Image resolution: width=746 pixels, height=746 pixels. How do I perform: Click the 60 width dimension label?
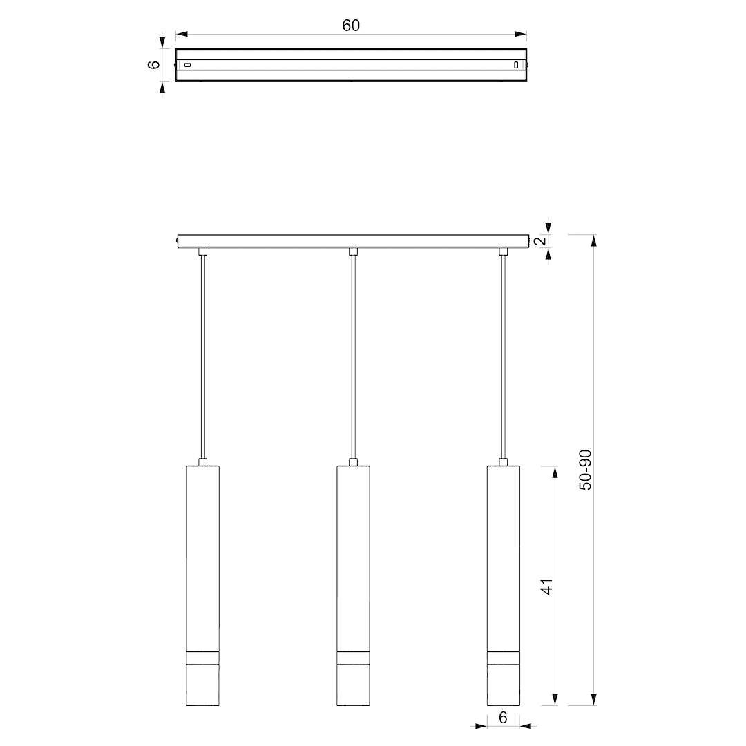coord(351,26)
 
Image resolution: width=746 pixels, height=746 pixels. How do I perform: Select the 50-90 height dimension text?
coord(585,470)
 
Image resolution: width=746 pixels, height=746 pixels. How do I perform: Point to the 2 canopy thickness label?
coord(540,240)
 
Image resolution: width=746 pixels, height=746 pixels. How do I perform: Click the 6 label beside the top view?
coord(154,64)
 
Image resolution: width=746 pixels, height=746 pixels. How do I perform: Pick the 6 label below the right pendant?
coord(503,717)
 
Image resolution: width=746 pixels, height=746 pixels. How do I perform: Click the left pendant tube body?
coord(202,585)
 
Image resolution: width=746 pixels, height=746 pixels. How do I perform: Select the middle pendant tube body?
coord(353,585)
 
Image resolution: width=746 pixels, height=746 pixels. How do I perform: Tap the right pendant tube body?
coord(504,585)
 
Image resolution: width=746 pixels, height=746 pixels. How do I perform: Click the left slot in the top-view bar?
coord(187,65)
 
